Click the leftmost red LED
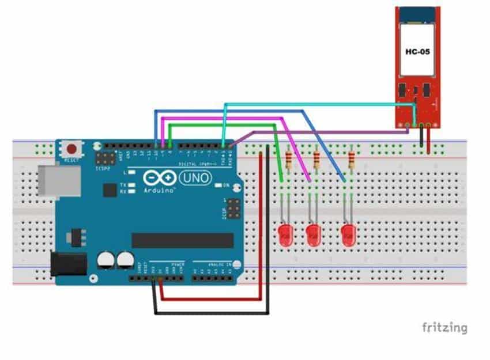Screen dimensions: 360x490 click(284, 235)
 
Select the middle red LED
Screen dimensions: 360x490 click(313, 235)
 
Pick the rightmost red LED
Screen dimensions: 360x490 click(348, 235)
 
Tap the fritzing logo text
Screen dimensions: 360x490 click(444, 328)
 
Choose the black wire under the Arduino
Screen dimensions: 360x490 click(210, 313)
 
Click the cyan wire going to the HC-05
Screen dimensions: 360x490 click(317, 104)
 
